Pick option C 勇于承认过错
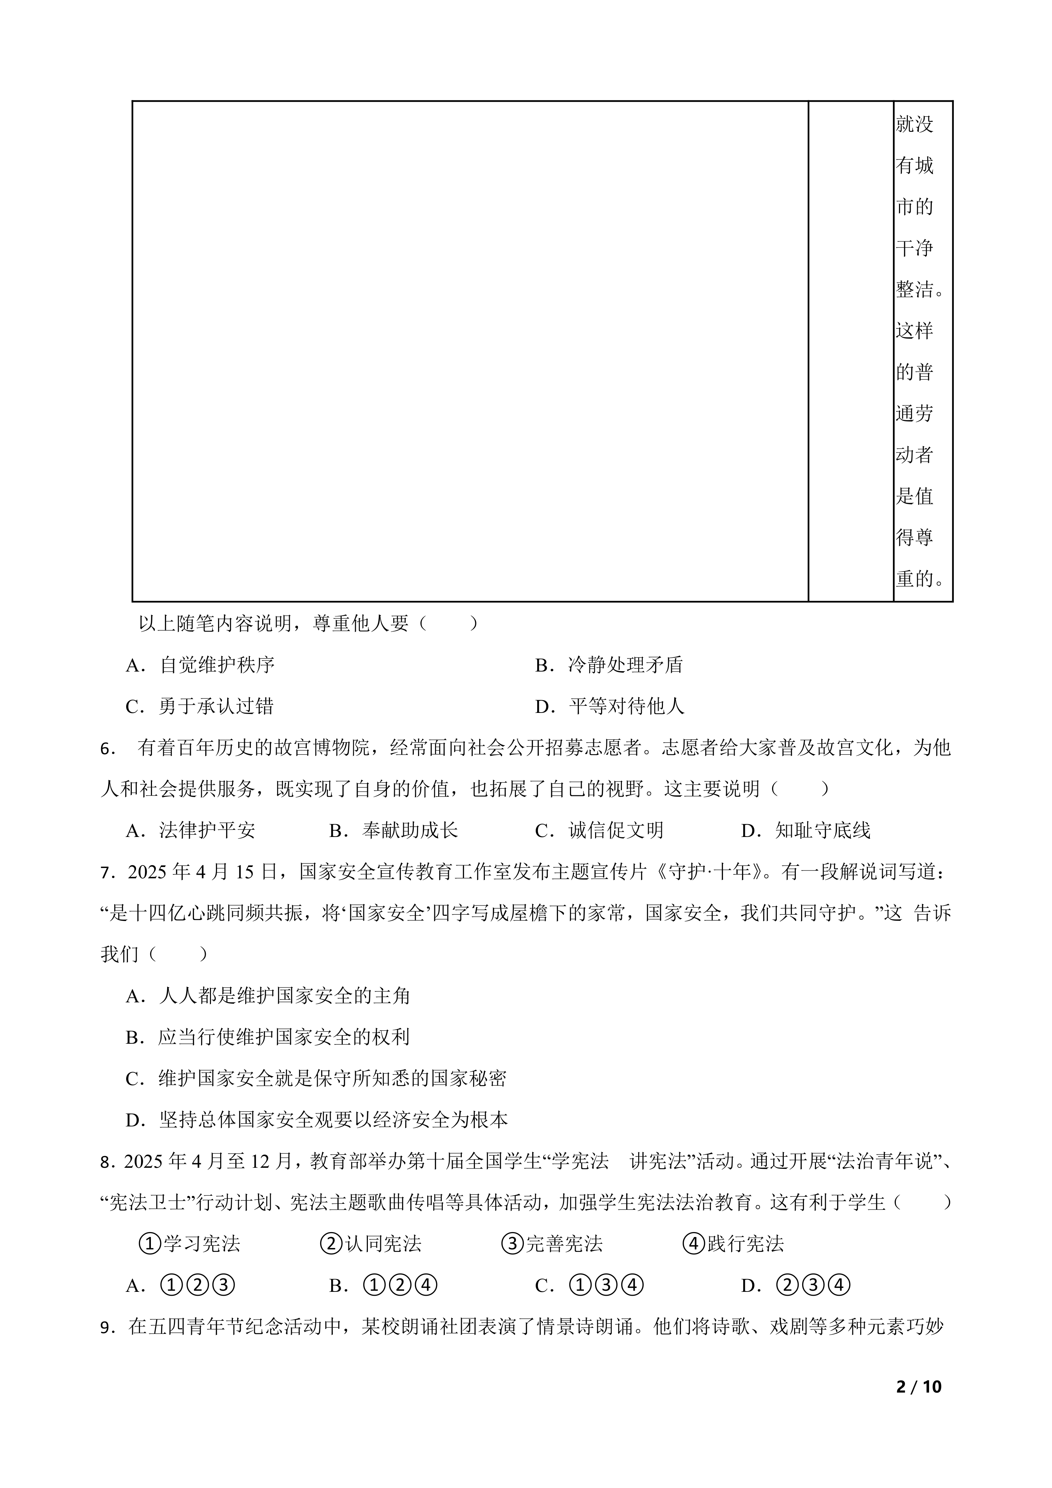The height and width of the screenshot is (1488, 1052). point(200,707)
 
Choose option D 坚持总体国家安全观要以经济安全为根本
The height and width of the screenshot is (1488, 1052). point(317,1120)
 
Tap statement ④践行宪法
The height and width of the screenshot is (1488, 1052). point(733,1244)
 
